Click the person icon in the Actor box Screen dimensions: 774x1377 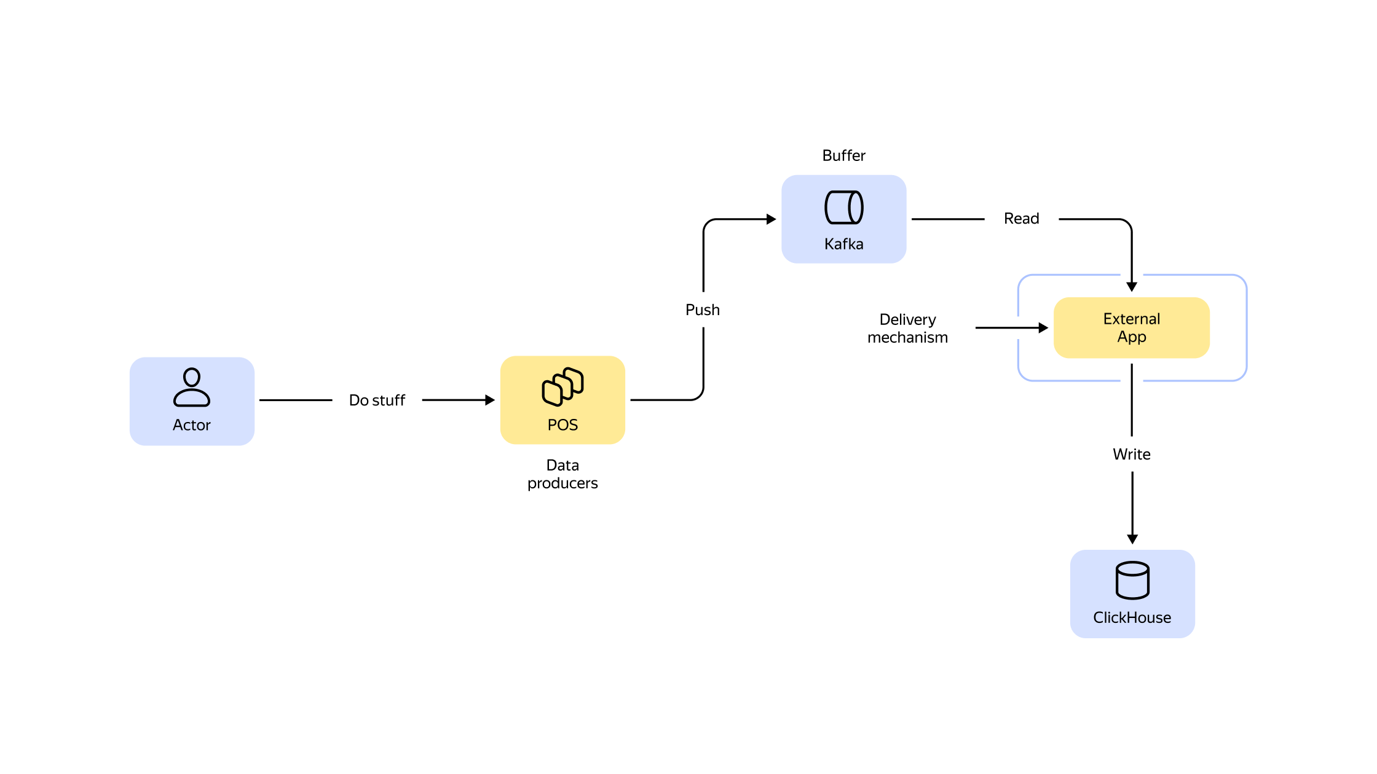coord(192,387)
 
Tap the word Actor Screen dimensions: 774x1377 coord(192,425)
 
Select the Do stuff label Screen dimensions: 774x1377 coord(377,401)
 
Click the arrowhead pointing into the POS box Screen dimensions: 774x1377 coord(490,401)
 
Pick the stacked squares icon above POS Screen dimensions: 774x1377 coord(562,386)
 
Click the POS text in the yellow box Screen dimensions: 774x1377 coord(562,425)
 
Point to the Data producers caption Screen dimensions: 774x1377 coord(562,474)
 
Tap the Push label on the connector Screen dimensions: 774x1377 coord(703,310)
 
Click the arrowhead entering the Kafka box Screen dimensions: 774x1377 coord(771,219)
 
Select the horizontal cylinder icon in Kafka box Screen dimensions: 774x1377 coord(843,207)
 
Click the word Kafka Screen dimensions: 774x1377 coord(843,244)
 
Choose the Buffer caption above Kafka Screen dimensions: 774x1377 coord(843,156)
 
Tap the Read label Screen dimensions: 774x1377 coord(1021,219)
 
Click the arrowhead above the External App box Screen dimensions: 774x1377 coord(1132,287)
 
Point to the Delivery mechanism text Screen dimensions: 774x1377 coord(907,329)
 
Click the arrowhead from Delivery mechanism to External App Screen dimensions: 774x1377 coord(1043,328)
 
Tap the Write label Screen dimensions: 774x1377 coord(1132,455)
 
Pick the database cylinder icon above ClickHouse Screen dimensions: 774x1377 coord(1132,580)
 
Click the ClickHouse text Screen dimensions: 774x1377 coord(1132,618)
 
